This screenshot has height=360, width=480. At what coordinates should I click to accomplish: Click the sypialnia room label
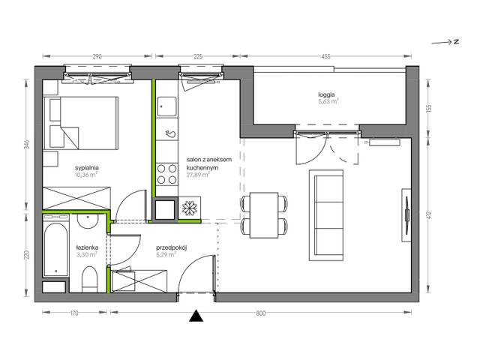click(x=88, y=168)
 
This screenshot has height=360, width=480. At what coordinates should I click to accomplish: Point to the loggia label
click(x=327, y=94)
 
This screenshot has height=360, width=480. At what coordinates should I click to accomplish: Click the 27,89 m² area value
click(x=199, y=176)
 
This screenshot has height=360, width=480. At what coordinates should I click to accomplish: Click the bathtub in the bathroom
click(x=54, y=247)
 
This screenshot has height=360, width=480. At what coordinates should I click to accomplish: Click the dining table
click(x=263, y=214)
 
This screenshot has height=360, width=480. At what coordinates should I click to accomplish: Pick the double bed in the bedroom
click(x=82, y=123)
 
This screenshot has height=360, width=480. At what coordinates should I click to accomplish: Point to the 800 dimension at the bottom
click(x=260, y=313)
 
